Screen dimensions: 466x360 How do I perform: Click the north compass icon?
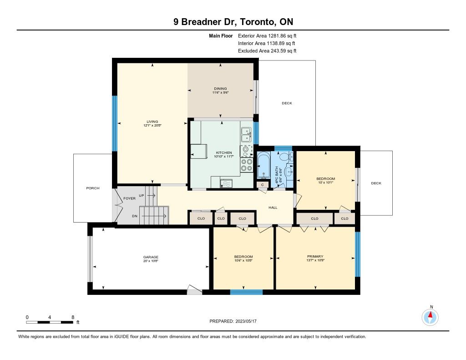pos(430,317)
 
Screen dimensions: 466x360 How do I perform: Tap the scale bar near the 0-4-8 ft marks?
pos(50,322)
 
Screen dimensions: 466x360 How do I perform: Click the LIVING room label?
pos(152,122)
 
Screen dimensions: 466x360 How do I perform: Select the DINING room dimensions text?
pos(220,92)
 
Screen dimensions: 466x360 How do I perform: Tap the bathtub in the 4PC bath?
pos(263,165)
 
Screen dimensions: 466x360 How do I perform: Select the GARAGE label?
pos(151,257)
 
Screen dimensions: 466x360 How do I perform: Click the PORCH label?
pos(93,188)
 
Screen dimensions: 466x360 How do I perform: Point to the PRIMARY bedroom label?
pos(315,256)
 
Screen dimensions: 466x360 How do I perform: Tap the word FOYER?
pos(129,198)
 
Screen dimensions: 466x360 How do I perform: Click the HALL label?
pos(273,208)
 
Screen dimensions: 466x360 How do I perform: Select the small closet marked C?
pos(263,185)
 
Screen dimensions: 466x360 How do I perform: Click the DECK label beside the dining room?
pos(287,103)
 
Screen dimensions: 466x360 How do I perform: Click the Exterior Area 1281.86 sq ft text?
pos(267,36)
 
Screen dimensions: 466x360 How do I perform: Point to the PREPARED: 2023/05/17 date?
pos(233,321)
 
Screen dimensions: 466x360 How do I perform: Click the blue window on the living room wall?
pos(114,123)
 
